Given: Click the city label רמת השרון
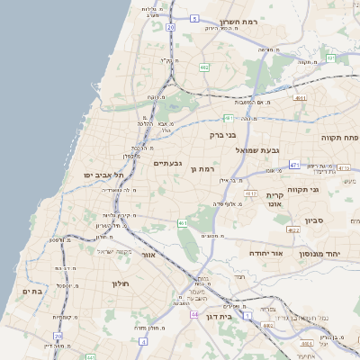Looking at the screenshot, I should tap(264, 22).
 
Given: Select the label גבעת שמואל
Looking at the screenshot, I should tap(258, 150).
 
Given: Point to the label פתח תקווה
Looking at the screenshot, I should tap(339, 138).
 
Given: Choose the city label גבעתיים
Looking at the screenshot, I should tap(168, 163).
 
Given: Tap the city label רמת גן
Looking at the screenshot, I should tap(208, 168).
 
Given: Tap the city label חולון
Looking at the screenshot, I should tap(96, 283).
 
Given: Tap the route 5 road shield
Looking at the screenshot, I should tap(193, 17).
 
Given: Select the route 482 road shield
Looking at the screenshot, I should tap(268, 325).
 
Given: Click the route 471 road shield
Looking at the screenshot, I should tap(294, 166).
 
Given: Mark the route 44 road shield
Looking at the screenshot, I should tap(194, 314).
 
